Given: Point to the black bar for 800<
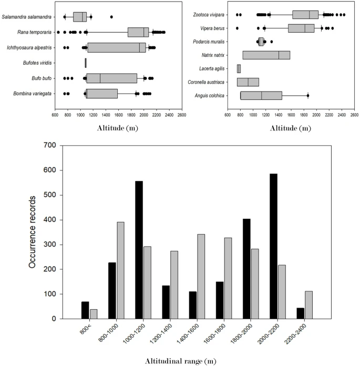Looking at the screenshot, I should click(85, 310).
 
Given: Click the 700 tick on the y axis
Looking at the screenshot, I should click(50, 145).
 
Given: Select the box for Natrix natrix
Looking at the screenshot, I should click(266, 55).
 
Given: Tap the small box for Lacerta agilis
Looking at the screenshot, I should click(239, 68).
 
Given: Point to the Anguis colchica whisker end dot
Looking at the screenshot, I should click(308, 95).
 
